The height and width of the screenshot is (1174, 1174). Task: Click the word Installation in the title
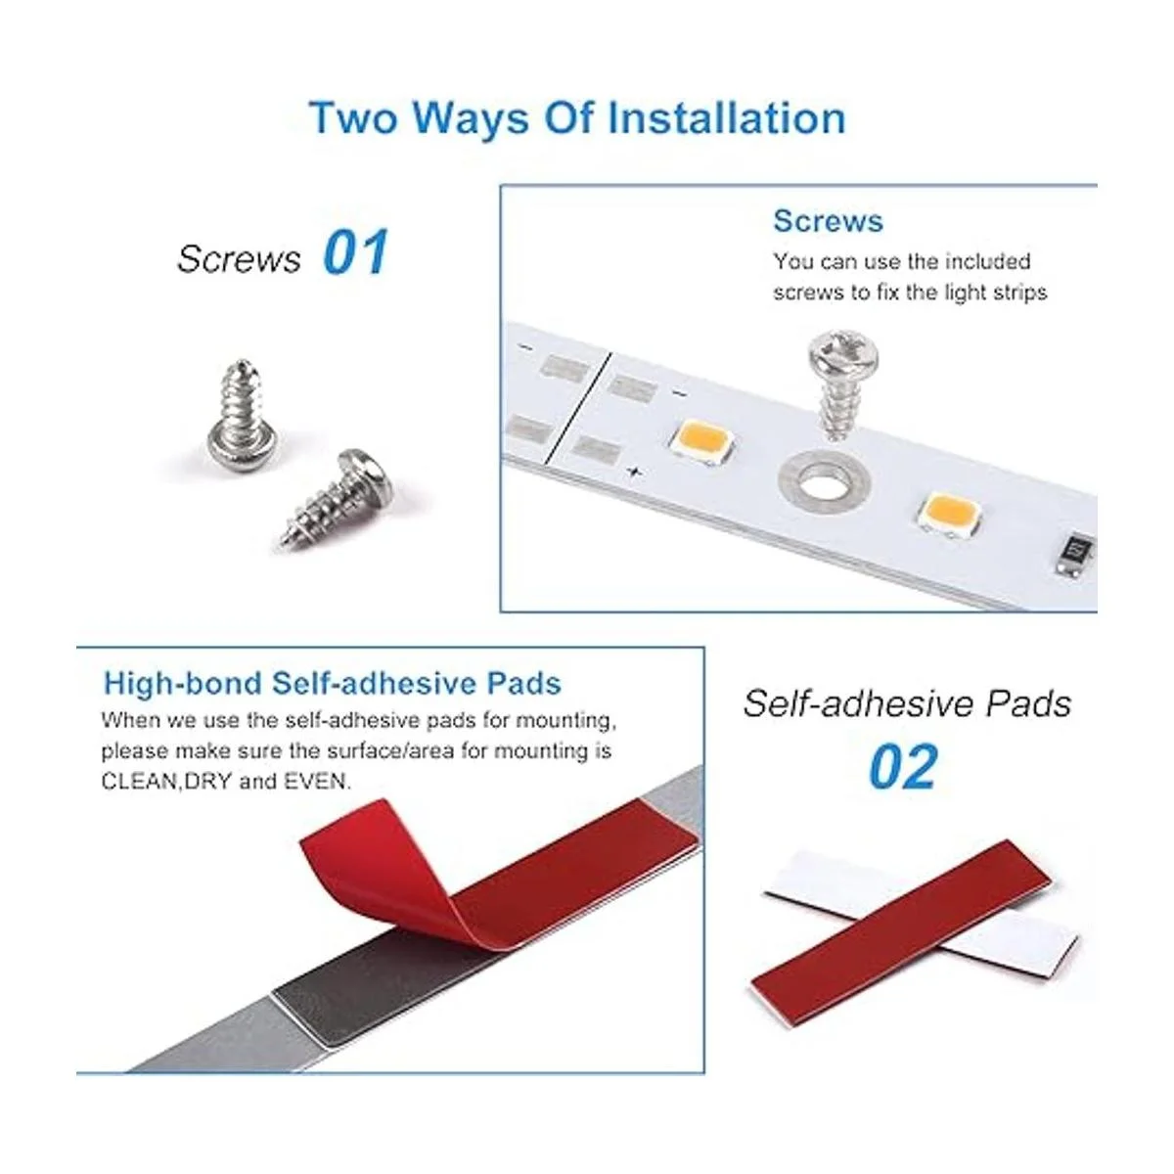point(727,117)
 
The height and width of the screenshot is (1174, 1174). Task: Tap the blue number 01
point(356,251)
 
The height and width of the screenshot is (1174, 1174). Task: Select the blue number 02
point(902,766)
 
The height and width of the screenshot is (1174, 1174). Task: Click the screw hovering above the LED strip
point(842,384)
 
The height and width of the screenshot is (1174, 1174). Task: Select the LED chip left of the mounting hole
point(701,442)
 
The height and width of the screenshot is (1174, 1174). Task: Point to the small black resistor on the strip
point(1076,554)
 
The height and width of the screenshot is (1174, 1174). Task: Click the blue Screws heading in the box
point(828,220)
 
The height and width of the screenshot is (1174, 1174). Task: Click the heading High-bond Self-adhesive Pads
point(333,683)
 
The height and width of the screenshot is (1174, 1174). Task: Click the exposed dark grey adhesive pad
point(390,987)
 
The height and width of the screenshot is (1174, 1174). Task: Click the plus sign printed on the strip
point(634,471)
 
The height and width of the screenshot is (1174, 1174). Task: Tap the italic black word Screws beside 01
point(239,258)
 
